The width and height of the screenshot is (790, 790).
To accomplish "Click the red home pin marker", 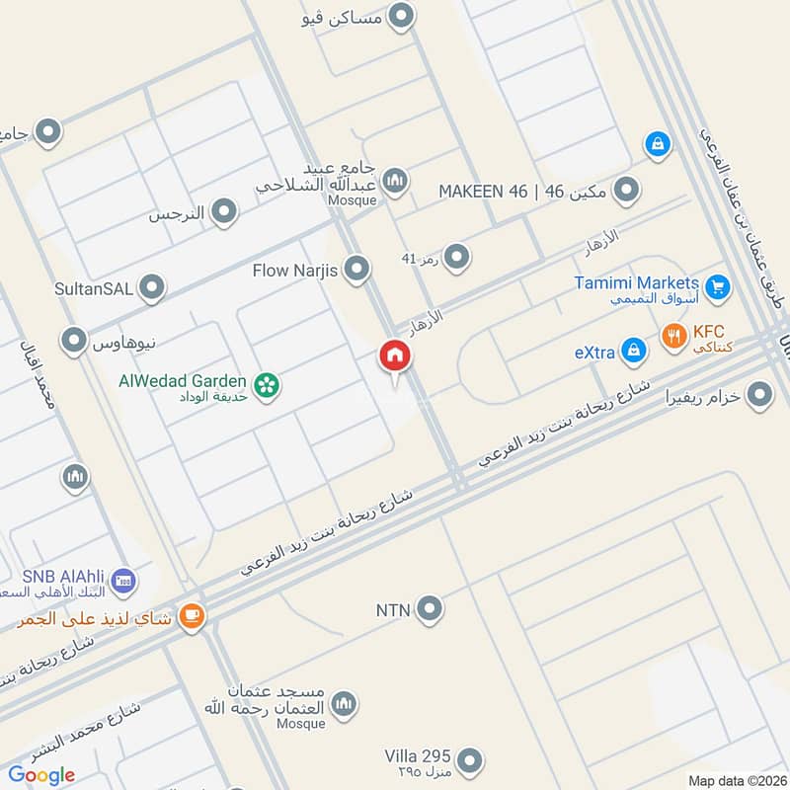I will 394,357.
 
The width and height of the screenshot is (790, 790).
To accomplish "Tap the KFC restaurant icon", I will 673,336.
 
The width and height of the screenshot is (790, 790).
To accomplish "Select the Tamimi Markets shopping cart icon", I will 718,287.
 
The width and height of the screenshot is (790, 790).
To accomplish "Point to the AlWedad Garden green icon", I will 265,386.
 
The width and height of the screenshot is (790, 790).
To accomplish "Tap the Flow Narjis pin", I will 357,269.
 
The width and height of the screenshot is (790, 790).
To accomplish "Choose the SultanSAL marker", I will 151,288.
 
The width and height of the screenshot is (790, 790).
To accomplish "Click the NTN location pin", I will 429,609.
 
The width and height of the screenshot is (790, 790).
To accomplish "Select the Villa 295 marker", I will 471,760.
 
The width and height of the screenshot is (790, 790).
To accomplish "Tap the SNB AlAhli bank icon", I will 123,581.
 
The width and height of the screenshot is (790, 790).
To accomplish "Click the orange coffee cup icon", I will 192,617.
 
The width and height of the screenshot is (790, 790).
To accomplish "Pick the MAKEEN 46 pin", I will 624,190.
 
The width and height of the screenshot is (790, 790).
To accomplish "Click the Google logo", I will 41,775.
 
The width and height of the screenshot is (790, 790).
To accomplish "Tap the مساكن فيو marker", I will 401,16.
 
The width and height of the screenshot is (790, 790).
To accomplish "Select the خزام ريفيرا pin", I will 758,396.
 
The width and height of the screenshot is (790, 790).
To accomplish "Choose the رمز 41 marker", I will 456,259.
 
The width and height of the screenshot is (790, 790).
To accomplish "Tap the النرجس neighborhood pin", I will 225,211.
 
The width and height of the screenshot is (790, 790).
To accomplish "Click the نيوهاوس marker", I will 73,342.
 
